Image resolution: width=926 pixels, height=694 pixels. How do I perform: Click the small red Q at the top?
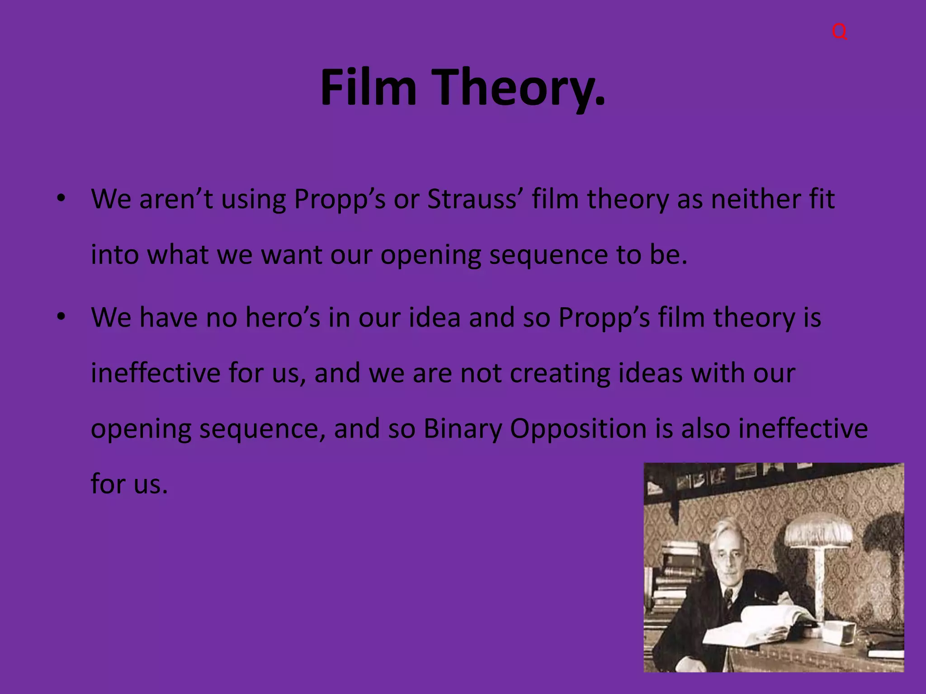tap(839, 32)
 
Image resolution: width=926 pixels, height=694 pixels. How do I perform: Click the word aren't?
tap(176, 199)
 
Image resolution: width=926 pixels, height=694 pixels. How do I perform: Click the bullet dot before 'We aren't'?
tap(61, 199)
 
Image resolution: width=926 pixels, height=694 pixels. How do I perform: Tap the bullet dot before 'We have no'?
tap(61, 318)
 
